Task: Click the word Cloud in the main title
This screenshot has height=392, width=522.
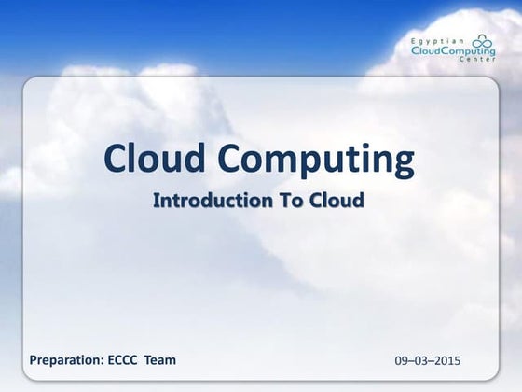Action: [x=149, y=160]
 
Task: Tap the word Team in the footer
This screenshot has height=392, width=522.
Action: [x=159, y=359]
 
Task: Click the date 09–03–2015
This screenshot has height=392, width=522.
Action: [x=429, y=360]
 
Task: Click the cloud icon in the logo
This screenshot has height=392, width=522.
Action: [x=484, y=42]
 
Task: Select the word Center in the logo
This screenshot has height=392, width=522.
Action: [x=479, y=65]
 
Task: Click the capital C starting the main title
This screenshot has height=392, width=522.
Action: [x=113, y=160]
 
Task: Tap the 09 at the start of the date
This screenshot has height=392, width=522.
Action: [x=402, y=360]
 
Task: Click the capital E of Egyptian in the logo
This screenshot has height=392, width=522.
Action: [x=414, y=42]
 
